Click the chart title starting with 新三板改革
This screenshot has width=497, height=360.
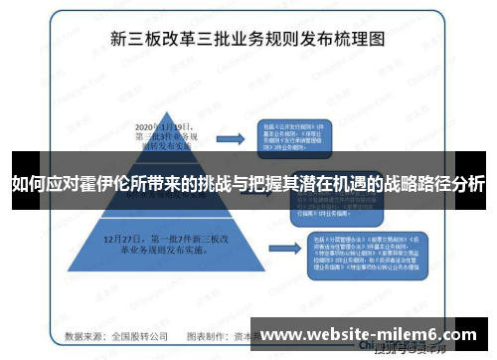point(248,42)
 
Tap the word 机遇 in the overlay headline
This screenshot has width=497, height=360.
point(342,185)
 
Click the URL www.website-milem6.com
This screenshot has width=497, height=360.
point(367,335)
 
